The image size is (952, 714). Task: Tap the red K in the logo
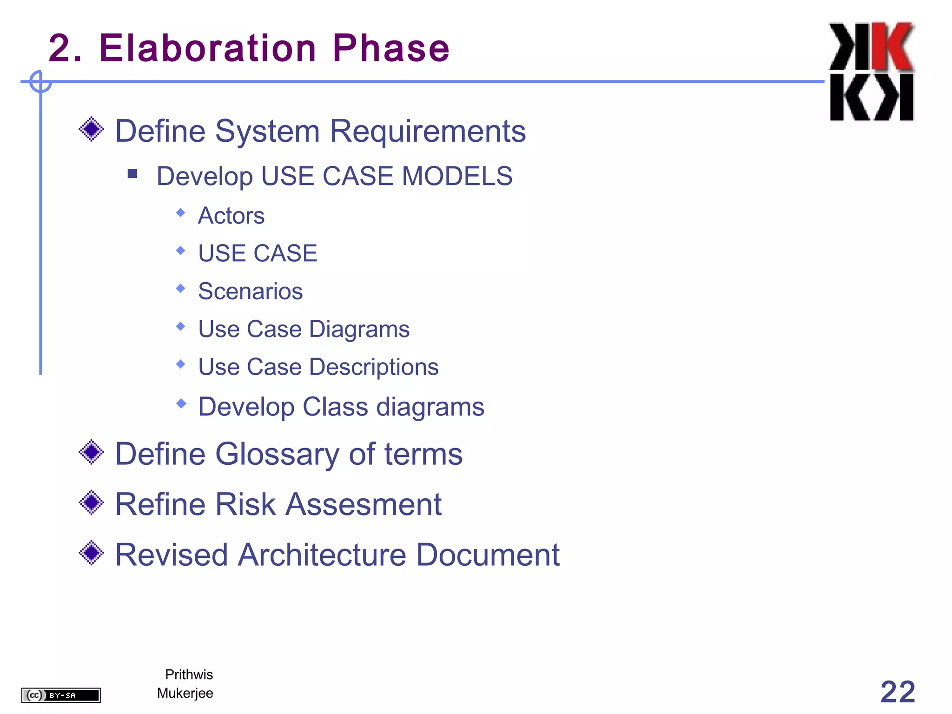892,46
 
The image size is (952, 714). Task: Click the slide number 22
897,692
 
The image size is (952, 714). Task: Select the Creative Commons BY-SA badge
61,695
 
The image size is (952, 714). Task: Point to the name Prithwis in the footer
189,674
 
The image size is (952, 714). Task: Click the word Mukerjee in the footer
185,693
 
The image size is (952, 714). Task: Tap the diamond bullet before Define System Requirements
92,129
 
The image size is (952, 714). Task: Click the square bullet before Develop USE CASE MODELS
132,174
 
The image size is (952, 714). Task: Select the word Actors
231,216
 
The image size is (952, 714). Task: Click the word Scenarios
250,291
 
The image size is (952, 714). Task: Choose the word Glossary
277,454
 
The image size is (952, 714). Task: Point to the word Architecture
322,555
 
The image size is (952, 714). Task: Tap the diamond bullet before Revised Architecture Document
92,553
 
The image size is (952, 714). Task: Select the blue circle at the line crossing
40,82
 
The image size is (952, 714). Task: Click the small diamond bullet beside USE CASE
181,251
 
